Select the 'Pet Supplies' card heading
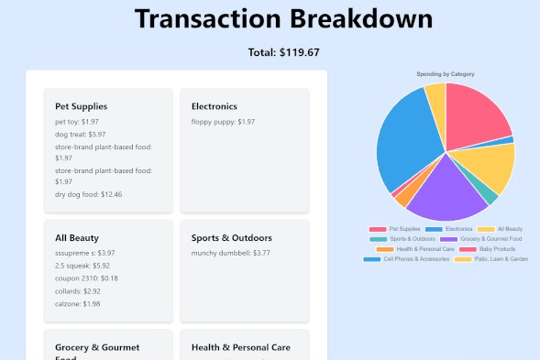coord(81,106)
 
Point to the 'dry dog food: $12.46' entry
coord(88,194)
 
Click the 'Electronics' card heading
coord(214,106)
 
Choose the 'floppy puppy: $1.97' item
coord(223,122)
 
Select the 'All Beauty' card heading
coord(76,238)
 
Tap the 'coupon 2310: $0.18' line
coord(86,278)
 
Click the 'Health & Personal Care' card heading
coord(240,348)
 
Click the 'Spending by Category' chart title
coord(446,73)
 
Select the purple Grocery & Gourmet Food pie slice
coord(445,188)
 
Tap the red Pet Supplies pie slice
coord(474,114)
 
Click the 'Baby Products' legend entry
coord(492,248)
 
